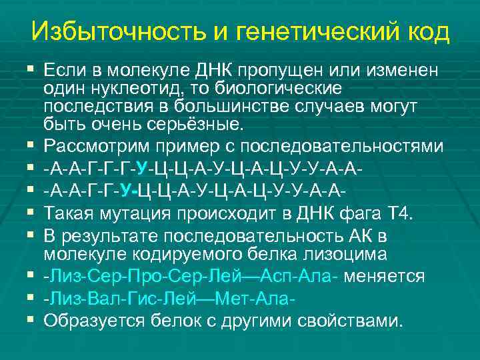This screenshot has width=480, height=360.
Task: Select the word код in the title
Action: (x=426, y=31)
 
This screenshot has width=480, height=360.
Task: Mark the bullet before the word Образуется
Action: (x=31, y=320)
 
